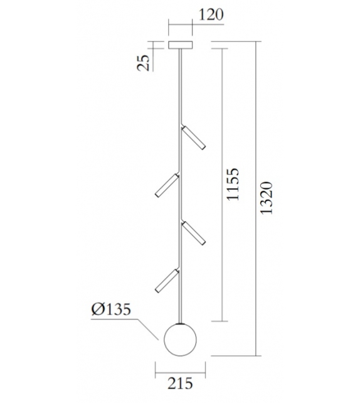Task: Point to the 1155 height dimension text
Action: click(233, 184)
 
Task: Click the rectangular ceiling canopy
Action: click(181, 45)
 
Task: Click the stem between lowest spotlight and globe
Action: click(181, 308)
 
